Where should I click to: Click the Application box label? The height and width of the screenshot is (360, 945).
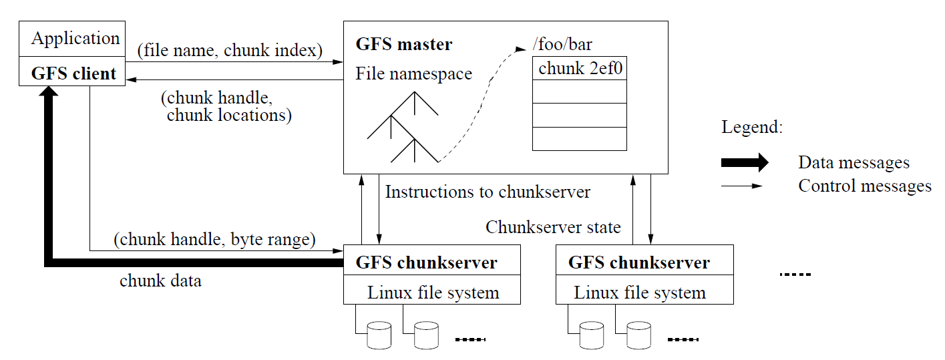pyautogui.click(x=75, y=39)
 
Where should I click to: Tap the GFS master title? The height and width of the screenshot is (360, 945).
pyautogui.click(x=403, y=45)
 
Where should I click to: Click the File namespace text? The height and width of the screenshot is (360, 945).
pyautogui.click(x=413, y=73)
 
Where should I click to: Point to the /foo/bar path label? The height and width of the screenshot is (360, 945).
pyautogui.click(x=562, y=45)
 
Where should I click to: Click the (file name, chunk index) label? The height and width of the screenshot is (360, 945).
pyautogui.click(x=230, y=50)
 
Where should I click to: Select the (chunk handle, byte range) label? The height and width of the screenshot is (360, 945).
pyautogui.click(x=214, y=238)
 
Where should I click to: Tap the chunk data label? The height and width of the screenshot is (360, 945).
pyautogui.click(x=160, y=281)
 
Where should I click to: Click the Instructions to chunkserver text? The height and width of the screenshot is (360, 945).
pyautogui.click(x=488, y=192)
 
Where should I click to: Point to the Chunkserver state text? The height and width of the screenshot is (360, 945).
pyautogui.click(x=553, y=227)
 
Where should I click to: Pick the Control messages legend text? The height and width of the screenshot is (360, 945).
pyautogui.click(x=864, y=186)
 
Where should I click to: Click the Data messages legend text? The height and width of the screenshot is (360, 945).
pyautogui.click(x=854, y=162)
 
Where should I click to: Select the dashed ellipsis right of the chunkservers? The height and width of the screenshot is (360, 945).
pyautogui.click(x=794, y=274)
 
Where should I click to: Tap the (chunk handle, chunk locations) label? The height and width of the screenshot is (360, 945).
pyautogui.click(x=226, y=107)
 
